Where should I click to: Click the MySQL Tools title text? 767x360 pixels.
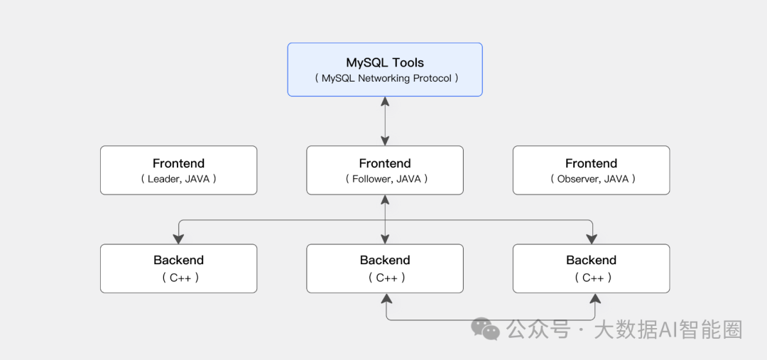[x=385, y=62]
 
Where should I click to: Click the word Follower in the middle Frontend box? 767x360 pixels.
[x=371, y=179]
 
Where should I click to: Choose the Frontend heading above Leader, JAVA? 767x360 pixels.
[x=178, y=163]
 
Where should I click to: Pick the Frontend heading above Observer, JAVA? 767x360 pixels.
[x=592, y=163]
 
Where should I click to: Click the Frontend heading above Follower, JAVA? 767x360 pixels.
[x=385, y=163]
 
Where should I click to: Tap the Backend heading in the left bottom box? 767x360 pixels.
[x=178, y=260]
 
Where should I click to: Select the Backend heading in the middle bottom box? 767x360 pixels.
[x=385, y=260]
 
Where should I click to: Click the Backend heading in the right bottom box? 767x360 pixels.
[x=592, y=260]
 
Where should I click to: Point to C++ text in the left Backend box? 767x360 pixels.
[x=178, y=278]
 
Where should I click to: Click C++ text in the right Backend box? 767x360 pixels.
[x=592, y=278]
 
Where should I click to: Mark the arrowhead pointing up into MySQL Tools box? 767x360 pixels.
[x=385, y=102]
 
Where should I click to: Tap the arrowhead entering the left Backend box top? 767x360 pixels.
[x=178, y=239]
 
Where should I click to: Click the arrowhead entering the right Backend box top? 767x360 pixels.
[x=592, y=239]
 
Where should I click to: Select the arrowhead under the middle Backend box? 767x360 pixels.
[x=386, y=298]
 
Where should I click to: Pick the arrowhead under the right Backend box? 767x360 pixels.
[x=595, y=298]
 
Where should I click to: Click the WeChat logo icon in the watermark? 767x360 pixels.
[x=485, y=329]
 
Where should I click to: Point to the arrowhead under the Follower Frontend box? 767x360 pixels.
[x=385, y=200]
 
